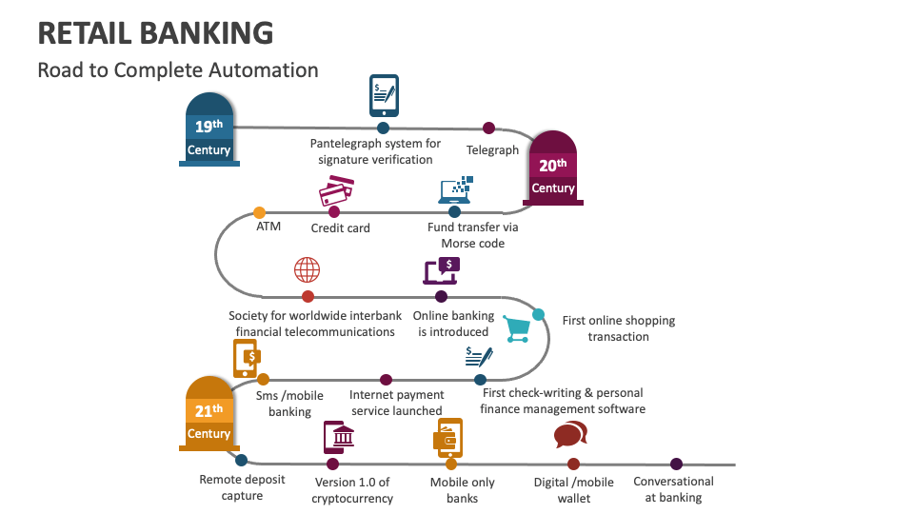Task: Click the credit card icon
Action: click(335, 193)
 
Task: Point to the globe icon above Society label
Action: click(307, 269)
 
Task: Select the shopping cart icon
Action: click(517, 329)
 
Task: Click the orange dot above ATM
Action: click(259, 212)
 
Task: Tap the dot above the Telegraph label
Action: click(488, 128)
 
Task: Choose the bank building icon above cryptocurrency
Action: click(340, 437)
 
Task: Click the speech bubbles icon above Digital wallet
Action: click(570, 435)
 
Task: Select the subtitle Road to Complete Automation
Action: click(177, 70)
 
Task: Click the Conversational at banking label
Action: click(673, 489)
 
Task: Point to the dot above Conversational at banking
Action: click(676, 465)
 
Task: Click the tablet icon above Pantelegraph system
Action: click(384, 94)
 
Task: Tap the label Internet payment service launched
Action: click(396, 403)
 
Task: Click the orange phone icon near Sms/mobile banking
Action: click(247, 358)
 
